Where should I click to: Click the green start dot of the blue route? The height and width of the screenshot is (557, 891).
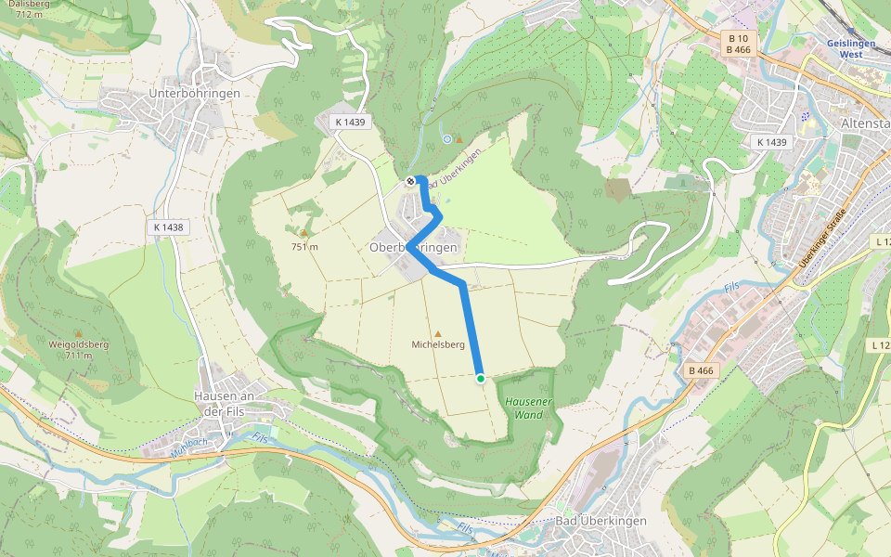480,378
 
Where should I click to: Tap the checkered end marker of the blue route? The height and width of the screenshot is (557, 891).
410,181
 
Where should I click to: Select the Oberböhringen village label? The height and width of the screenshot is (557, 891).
413,248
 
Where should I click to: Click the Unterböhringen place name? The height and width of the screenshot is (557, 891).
195,94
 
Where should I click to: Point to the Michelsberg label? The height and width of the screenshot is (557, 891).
438,344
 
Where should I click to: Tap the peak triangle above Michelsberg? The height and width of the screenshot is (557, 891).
438,333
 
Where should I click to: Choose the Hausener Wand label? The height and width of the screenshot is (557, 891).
529,408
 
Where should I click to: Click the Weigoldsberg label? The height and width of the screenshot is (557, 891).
78,344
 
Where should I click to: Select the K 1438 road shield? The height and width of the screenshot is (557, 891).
167,227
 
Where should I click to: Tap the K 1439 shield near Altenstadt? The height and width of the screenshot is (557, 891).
770,142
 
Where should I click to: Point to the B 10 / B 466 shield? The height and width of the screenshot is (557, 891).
738,43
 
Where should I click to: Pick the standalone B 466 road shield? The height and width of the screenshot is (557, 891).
701,371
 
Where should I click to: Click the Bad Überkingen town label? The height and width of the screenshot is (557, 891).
600,521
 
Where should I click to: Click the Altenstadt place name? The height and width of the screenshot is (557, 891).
864,123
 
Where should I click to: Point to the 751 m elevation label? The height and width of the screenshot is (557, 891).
304,247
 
